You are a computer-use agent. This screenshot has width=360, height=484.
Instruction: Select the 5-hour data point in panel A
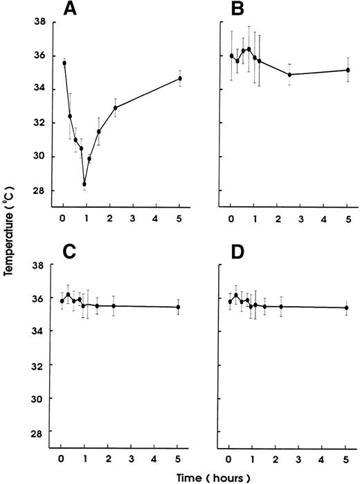179,78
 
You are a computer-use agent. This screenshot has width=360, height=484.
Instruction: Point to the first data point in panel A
64,63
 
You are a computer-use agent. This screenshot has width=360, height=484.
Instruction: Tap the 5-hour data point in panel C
179,307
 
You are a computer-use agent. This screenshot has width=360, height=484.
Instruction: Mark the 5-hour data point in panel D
346,307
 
